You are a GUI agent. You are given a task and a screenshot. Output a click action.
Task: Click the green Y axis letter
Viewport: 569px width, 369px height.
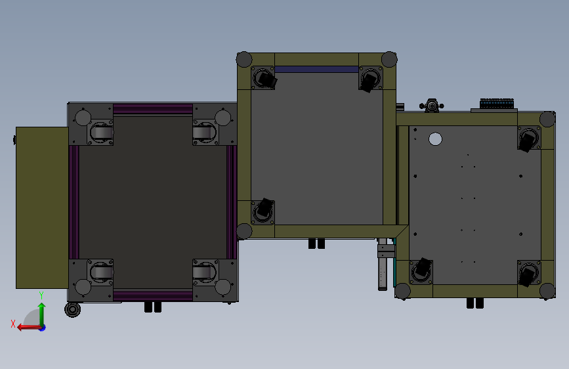[41, 295]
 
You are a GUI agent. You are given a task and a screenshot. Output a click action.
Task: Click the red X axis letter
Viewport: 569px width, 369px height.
[13, 324]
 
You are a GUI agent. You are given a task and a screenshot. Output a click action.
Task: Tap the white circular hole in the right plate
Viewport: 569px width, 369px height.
[435, 139]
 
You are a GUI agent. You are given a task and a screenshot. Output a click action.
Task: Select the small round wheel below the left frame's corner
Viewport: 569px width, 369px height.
[73, 310]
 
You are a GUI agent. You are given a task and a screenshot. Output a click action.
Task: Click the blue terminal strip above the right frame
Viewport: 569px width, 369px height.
[497, 104]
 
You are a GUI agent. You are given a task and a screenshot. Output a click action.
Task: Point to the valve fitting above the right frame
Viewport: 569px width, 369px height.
[431, 105]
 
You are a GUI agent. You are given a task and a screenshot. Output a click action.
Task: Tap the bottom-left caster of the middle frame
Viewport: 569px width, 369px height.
[263, 211]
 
